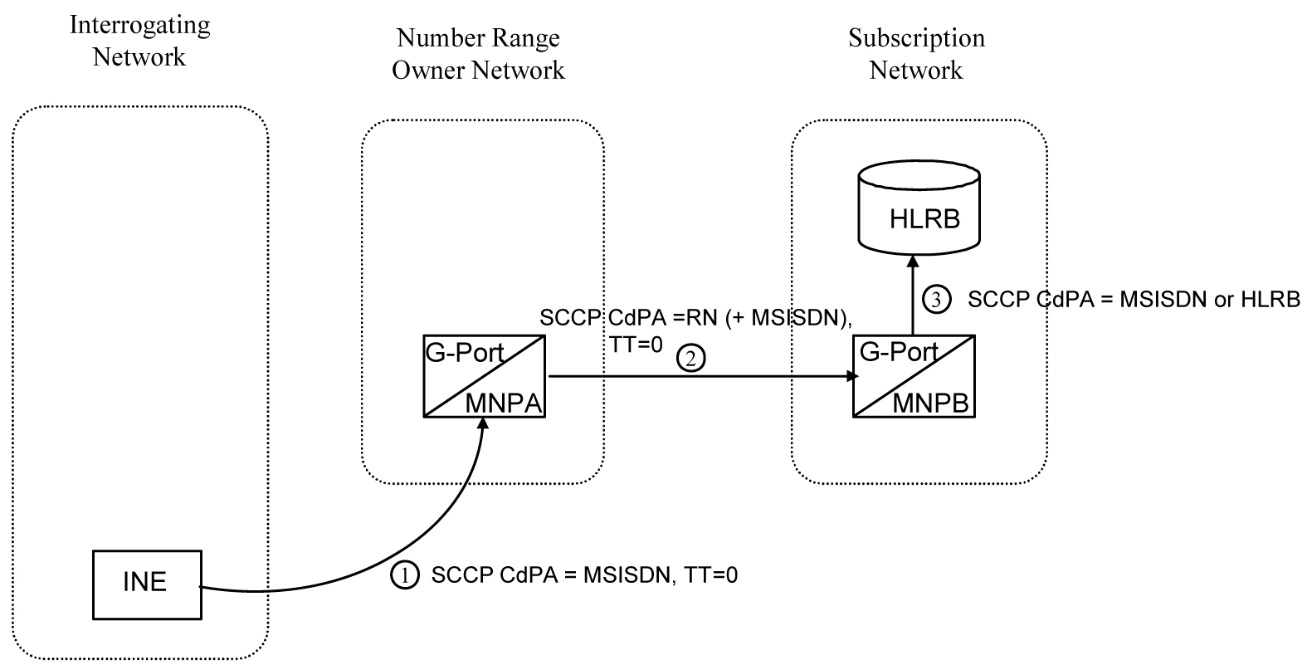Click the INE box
(146, 584)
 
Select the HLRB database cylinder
(919, 208)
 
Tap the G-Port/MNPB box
(914, 376)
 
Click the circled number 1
(404, 575)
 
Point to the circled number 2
(691, 359)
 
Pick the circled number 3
(937, 300)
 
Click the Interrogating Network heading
(139, 41)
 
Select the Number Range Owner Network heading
(478, 54)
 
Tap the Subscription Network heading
(916, 54)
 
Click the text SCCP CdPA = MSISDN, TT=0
(584, 575)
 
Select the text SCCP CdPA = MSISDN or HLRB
(1134, 300)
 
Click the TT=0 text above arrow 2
(636, 344)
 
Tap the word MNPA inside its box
(503, 403)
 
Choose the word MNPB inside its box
(930, 403)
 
